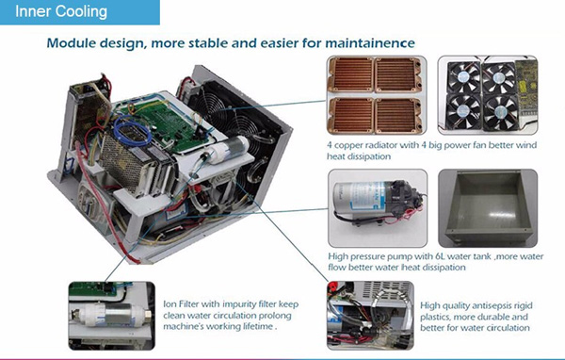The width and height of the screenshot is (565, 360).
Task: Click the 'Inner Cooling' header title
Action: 61,11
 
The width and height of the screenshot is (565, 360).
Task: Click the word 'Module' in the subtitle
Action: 71,43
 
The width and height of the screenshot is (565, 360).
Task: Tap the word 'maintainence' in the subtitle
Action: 370,43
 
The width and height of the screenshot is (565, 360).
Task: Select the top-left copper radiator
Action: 351,74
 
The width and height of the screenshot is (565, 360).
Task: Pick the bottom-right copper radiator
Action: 398,116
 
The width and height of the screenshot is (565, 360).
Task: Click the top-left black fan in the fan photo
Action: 463,77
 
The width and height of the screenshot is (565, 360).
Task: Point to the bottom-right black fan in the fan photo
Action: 500,112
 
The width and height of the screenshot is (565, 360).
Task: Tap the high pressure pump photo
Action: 378,208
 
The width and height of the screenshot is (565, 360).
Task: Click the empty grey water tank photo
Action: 488,208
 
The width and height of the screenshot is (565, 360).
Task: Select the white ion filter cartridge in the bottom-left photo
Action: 110,315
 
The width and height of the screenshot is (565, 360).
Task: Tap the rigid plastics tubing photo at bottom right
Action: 370,316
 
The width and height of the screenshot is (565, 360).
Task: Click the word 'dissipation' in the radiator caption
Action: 368,156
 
